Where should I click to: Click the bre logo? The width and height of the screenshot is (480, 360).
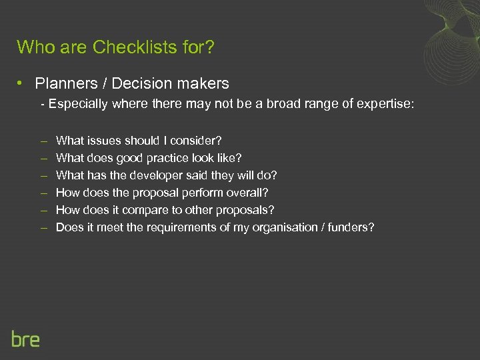[25, 339]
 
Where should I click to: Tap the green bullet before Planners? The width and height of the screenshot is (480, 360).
[22, 83]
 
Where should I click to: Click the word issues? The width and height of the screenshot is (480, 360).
[103, 141]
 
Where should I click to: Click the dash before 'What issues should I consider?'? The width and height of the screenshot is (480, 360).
[43, 141]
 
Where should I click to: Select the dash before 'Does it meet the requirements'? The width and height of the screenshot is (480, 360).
[43, 227]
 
